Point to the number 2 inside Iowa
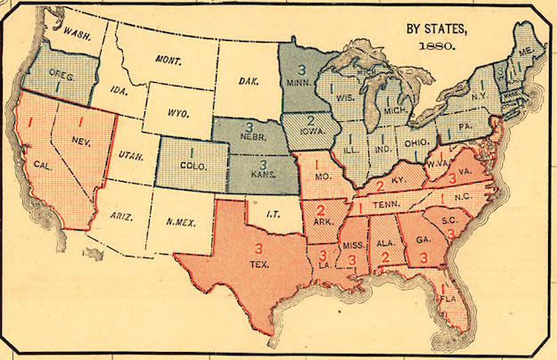tap(309, 120)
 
